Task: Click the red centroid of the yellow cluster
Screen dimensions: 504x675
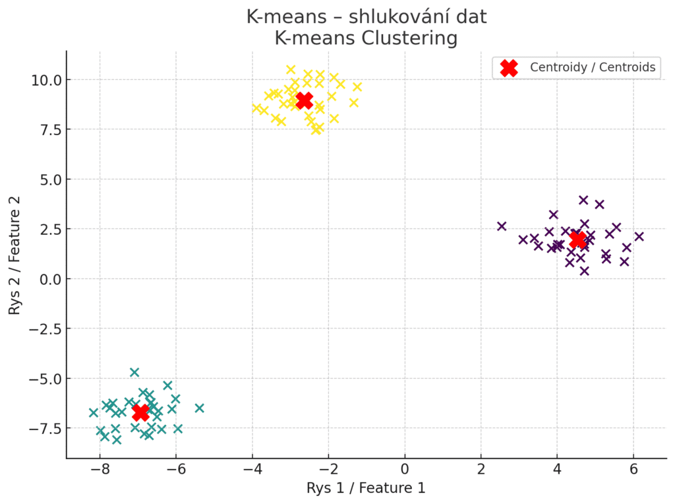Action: click(304, 101)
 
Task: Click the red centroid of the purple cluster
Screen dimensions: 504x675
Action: click(578, 239)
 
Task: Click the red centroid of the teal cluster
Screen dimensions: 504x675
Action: click(140, 413)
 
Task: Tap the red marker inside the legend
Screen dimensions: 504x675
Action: click(508, 68)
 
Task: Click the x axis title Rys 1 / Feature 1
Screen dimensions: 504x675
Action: click(366, 488)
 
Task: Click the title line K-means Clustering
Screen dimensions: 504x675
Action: click(366, 38)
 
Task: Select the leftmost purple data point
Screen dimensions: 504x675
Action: click(502, 226)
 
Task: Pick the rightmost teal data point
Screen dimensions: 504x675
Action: click(199, 408)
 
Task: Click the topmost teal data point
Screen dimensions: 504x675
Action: click(134, 372)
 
